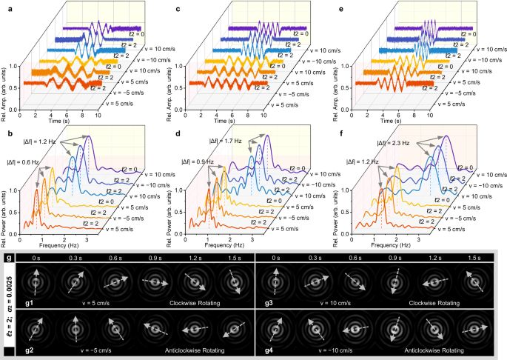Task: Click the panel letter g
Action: tap(7, 257)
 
